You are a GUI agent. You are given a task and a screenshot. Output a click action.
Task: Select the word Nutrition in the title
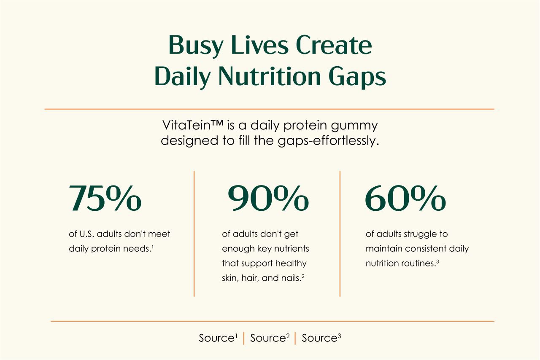(270, 76)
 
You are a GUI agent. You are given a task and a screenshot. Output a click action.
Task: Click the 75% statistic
(105, 198)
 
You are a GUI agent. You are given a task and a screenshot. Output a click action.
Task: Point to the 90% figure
(268, 198)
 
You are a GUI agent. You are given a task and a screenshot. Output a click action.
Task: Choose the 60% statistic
(405, 198)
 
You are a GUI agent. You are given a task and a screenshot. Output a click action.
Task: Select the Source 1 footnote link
(218, 338)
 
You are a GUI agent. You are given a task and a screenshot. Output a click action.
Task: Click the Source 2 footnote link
(270, 338)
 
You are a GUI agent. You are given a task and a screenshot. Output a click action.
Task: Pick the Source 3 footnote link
(321, 338)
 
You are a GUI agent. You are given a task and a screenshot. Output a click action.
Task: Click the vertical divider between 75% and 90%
(194, 234)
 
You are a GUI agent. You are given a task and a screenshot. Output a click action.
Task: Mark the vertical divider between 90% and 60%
(340, 234)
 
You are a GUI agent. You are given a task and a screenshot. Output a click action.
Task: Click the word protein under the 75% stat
(105, 249)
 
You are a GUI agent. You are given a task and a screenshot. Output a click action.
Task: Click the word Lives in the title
(259, 46)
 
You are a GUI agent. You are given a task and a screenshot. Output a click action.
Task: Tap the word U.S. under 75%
(87, 234)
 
